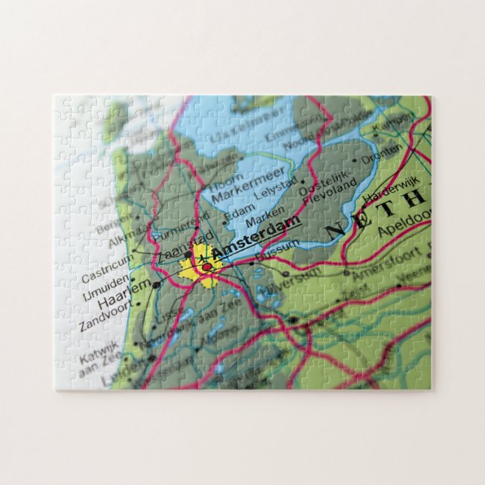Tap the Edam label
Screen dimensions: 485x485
click(239, 212)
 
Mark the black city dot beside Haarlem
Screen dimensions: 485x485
click(156, 285)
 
